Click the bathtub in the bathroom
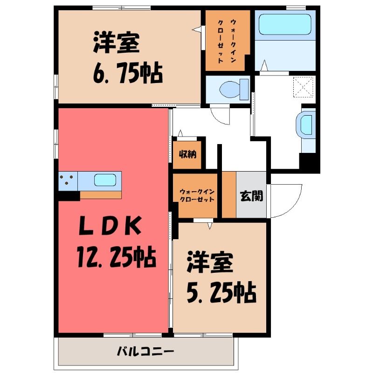click(285, 25)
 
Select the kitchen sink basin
click(105, 180)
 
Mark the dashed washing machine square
click(303, 87)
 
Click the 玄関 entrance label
click(251, 196)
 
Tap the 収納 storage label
click(188, 154)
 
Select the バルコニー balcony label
click(146, 351)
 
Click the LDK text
click(110, 225)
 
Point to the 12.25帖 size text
click(117, 257)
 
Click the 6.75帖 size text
click(127, 73)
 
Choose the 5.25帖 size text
click(221, 293)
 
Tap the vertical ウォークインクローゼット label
click(227, 41)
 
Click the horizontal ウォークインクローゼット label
click(197, 195)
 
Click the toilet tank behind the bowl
click(244, 90)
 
